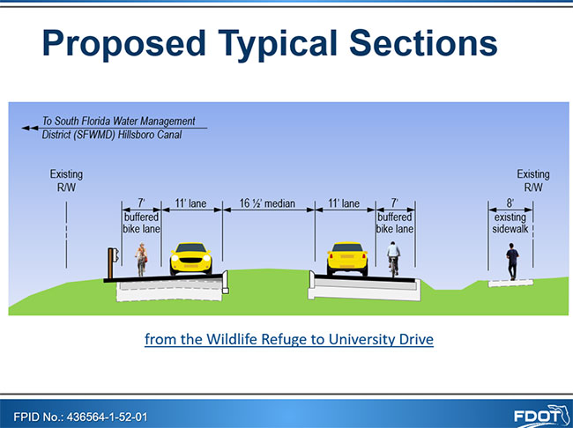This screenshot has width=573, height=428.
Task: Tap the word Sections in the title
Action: point(423,42)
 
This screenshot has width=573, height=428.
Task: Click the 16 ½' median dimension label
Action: point(267,203)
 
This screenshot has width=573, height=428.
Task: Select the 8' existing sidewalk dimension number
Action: point(510,203)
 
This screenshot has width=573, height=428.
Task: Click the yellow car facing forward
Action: point(190,259)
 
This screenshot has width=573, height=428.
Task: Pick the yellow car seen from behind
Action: point(347,259)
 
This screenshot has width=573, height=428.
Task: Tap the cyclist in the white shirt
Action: point(393,259)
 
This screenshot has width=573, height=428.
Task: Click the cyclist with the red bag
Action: point(141,259)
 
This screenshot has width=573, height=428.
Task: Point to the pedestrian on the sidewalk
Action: point(512,262)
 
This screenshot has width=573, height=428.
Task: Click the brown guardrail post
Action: point(110,263)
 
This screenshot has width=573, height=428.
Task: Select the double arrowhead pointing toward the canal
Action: point(30,129)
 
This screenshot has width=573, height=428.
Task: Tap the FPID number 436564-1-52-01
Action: point(107,417)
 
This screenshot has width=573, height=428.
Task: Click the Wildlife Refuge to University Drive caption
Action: point(289,339)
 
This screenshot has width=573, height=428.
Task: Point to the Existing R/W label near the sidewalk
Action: point(533,181)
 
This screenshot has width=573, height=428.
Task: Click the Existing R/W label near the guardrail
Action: point(66,181)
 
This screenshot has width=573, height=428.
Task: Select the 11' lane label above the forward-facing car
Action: point(190,203)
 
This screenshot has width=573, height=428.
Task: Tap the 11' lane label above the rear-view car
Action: point(344,203)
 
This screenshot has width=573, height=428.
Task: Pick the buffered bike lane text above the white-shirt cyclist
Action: point(395,223)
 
